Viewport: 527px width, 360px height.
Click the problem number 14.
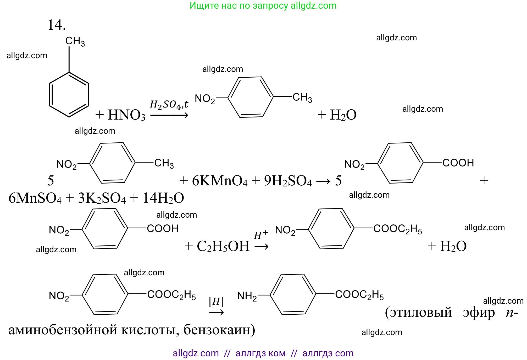(x=57, y=25)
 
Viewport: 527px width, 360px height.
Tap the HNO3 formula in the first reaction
(x=126, y=115)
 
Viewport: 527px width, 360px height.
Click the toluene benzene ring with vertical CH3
(x=69, y=94)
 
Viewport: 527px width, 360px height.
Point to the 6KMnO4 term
(x=220, y=181)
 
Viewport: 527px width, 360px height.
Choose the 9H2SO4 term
(x=288, y=181)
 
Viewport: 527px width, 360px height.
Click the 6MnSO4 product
(x=35, y=198)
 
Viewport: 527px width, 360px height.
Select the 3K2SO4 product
(x=102, y=198)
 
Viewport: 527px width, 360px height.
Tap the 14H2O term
(x=163, y=198)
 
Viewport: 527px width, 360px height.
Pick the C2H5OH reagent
(x=223, y=246)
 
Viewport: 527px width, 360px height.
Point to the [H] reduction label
(x=216, y=302)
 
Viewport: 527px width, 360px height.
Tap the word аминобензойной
(x=63, y=330)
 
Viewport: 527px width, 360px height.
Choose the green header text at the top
(x=263, y=6)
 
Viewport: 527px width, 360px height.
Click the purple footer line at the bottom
(x=263, y=353)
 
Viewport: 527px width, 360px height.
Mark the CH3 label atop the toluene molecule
(x=75, y=41)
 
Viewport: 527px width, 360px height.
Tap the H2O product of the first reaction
(x=343, y=115)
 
